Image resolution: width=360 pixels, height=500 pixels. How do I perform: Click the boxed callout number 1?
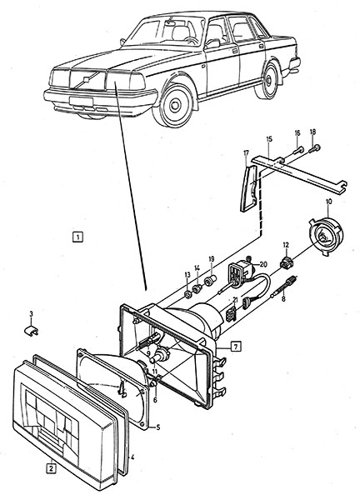pos(77,237)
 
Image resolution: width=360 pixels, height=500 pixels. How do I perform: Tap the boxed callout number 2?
pos(51,468)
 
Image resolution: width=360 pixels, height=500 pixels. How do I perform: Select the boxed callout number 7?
pos(235,346)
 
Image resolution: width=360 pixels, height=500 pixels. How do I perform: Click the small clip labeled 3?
pos(31,330)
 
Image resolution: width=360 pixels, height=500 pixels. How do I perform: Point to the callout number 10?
pos(329,202)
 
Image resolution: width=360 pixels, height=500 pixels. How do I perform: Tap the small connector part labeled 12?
pos(286,262)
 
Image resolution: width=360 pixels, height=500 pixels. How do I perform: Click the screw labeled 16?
pos(297,149)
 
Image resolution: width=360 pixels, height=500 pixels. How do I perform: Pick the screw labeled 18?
pos(314,148)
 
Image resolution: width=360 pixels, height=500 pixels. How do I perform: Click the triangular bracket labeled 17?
pos(250,189)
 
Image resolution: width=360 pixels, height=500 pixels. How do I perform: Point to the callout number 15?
pos(269,139)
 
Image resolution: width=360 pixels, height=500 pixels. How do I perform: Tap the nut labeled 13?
pos(187,294)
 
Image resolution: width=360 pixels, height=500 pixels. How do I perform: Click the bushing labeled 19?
pos(210,281)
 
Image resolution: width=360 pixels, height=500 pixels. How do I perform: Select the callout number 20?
pos(263,264)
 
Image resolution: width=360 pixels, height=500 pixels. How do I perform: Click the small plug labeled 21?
pos(231,314)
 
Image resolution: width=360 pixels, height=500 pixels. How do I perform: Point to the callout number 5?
pos(157,427)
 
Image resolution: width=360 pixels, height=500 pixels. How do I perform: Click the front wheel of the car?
pos(175,105)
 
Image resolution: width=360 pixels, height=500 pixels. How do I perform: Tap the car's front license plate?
pos(82,102)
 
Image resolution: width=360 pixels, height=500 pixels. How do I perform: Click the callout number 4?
pos(132,457)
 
